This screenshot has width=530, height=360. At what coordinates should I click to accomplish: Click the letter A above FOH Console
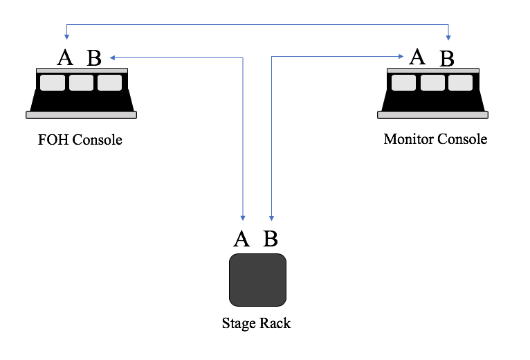65,57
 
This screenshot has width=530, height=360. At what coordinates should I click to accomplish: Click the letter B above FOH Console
94,58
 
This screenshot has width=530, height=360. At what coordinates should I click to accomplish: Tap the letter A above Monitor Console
417,56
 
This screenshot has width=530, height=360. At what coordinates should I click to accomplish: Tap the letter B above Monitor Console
447,59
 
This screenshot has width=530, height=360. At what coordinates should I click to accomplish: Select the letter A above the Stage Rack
241,239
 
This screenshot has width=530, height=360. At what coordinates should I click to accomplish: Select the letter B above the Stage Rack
271,239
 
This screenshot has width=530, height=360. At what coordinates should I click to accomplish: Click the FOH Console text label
80,141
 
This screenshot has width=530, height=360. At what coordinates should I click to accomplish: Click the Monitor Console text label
435,139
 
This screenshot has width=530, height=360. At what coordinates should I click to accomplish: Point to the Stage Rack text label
256,323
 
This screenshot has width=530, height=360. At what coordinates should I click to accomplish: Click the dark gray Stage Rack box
257,280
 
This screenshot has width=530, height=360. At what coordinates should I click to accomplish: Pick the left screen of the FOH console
52,82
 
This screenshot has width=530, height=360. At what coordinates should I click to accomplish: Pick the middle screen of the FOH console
81,82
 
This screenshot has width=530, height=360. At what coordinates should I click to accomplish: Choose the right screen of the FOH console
109,82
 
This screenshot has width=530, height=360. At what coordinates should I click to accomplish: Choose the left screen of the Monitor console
403,82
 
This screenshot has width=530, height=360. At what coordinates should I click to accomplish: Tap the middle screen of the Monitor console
432,82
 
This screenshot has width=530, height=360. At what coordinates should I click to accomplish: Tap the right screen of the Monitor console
460,82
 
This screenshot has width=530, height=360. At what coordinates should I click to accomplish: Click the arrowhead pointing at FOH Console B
113,57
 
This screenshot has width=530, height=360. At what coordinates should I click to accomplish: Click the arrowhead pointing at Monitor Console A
402,57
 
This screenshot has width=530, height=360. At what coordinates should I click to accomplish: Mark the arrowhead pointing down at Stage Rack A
243,217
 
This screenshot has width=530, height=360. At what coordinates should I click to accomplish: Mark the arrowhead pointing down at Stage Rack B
272,217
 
